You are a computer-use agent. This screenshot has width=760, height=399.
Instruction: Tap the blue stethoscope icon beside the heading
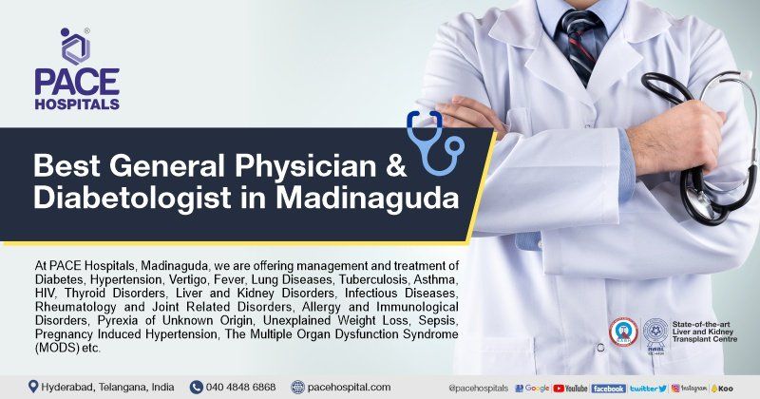[x=433, y=142]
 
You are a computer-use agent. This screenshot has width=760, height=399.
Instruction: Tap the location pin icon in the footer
[x=33, y=387]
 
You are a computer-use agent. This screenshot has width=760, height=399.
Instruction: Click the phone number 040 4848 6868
[x=242, y=387]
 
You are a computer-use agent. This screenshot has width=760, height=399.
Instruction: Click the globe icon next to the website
[x=298, y=387]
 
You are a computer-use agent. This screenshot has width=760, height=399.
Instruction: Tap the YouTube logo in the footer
[x=571, y=388]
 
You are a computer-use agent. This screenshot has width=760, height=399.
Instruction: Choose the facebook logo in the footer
[x=608, y=388]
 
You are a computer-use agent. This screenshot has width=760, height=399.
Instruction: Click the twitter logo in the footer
[x=648, y=388]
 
